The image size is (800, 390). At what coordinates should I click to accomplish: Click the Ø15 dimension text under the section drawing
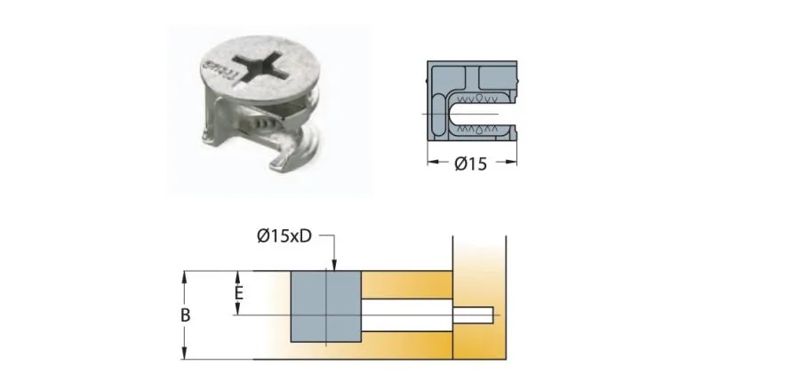(x=470, y=164)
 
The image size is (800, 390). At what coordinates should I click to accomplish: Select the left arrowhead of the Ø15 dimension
(x=433, y=163)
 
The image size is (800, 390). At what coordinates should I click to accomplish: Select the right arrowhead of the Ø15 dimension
(x=513, y=163)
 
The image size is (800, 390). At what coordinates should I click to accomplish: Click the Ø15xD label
(x=284, y=235)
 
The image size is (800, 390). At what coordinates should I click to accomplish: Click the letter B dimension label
(x=186, y=315)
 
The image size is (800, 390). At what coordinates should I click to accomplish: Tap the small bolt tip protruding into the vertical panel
(x=476, y=314)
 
